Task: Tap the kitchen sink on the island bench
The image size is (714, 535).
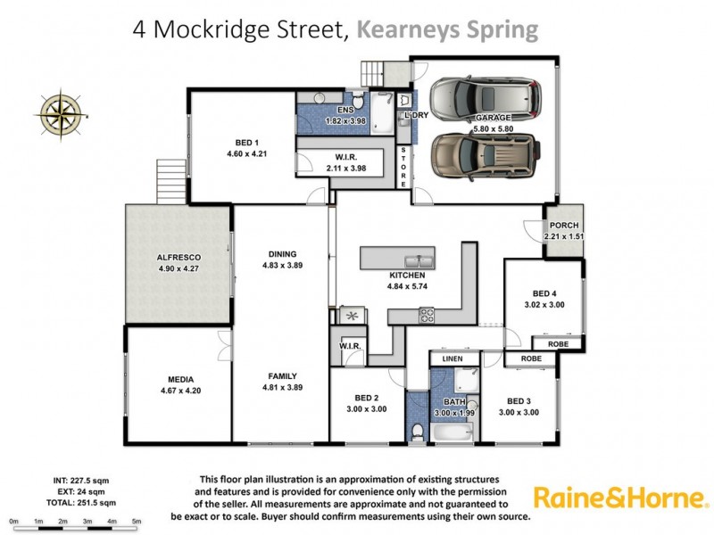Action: [x=417, y=260]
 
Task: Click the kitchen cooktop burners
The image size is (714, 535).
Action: [x=427, y=314]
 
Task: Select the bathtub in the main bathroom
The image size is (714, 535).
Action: [x=456, y=432]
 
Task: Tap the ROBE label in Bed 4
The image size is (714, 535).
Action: [x=559, y=343]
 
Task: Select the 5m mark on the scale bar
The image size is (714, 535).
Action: [x=137, y=521]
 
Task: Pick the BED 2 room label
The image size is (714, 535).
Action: [x=366, y=397]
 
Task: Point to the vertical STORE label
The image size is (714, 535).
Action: [x=403, y=166]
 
